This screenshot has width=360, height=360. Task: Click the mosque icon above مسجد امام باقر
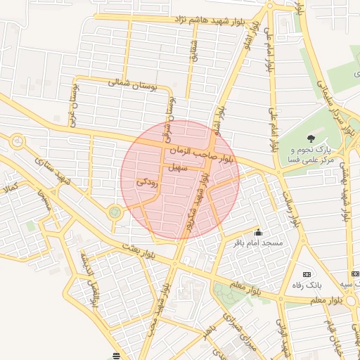pyautogui.click(x=258, y=232)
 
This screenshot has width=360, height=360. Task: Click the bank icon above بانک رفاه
pyautogui.click(x=306, y=274)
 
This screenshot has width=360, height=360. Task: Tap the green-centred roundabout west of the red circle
pyautogui.click(x=115, y=211)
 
